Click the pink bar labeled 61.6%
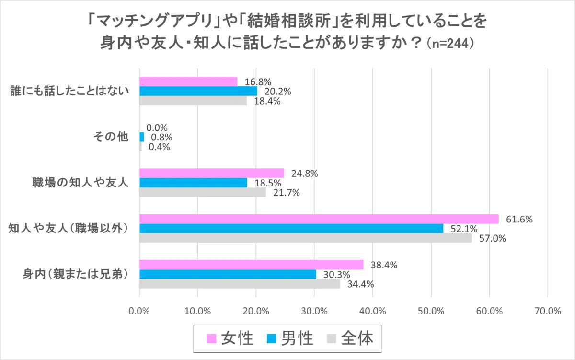tap(319, 219)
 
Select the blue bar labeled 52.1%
tap(291, 229)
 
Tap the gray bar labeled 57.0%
tap(305, 238)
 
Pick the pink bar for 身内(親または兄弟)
tap(251, 265)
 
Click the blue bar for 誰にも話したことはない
tap(198, 91)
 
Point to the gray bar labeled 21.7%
tap(202, 192)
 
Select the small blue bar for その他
tap(141, 137)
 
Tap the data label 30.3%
tap(330, 274)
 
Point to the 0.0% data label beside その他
tap(157, 128)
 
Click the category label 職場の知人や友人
tap(80, 183)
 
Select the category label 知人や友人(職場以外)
tap(70, 229)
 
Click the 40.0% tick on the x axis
tap(372, 311)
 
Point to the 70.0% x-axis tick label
tap(547, 311)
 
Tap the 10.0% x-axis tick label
tap(197, 311)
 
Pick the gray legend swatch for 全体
tap(331, 339)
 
